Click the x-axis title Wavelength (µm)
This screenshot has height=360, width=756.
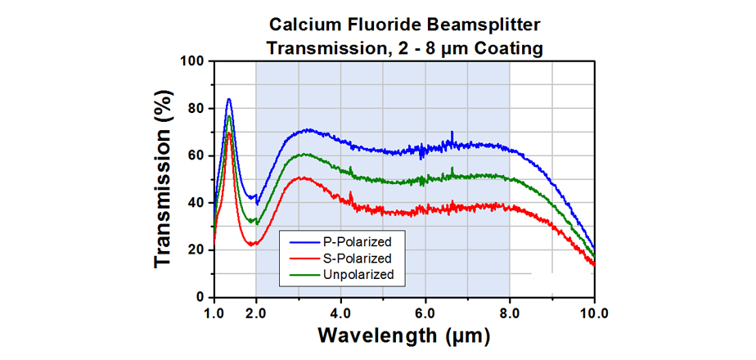[x=403, y=335]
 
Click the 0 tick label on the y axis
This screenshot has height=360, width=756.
[x=199, y=297]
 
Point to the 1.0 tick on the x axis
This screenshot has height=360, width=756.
[x=214, y=312]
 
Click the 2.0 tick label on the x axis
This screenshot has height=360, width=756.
[x=256, y=312]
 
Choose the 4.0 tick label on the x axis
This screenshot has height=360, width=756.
[x=341, y=312]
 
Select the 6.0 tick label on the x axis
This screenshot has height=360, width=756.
[x=425, y=312]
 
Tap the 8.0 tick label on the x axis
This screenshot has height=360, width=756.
[x=511, y=312]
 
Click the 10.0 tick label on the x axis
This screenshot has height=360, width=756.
[x=593, y=312]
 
